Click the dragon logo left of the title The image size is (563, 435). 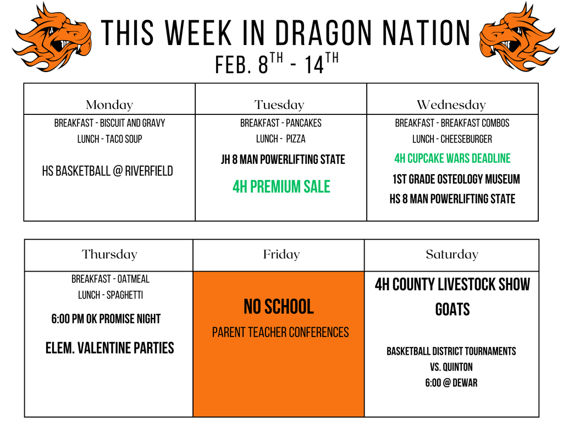coord(52,37)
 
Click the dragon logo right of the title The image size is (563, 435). coord(518,37)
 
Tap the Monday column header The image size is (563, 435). coord(109,104)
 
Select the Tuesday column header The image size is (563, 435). coord(279,104)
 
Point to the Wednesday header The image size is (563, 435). coord(451,104)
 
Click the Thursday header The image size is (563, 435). coord(109,254)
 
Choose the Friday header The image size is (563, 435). coord(281,254)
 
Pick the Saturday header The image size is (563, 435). coord(452,254)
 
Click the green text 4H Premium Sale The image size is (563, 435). coord(281,187)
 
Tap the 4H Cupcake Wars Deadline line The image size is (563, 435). coord(452,158)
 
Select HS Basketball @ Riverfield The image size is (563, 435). coord(107,171)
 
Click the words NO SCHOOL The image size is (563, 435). coord(279,307)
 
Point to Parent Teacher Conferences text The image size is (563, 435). coord(280,332)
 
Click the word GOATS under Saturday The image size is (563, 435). coord(452,310)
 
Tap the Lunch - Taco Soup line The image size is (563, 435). coord(109,139)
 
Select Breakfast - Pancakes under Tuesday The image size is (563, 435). coord(280,123)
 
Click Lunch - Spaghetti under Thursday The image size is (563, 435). coord(110,295)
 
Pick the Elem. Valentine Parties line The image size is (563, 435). coord(109,348)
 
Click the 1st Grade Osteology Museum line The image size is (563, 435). coord(456,179)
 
